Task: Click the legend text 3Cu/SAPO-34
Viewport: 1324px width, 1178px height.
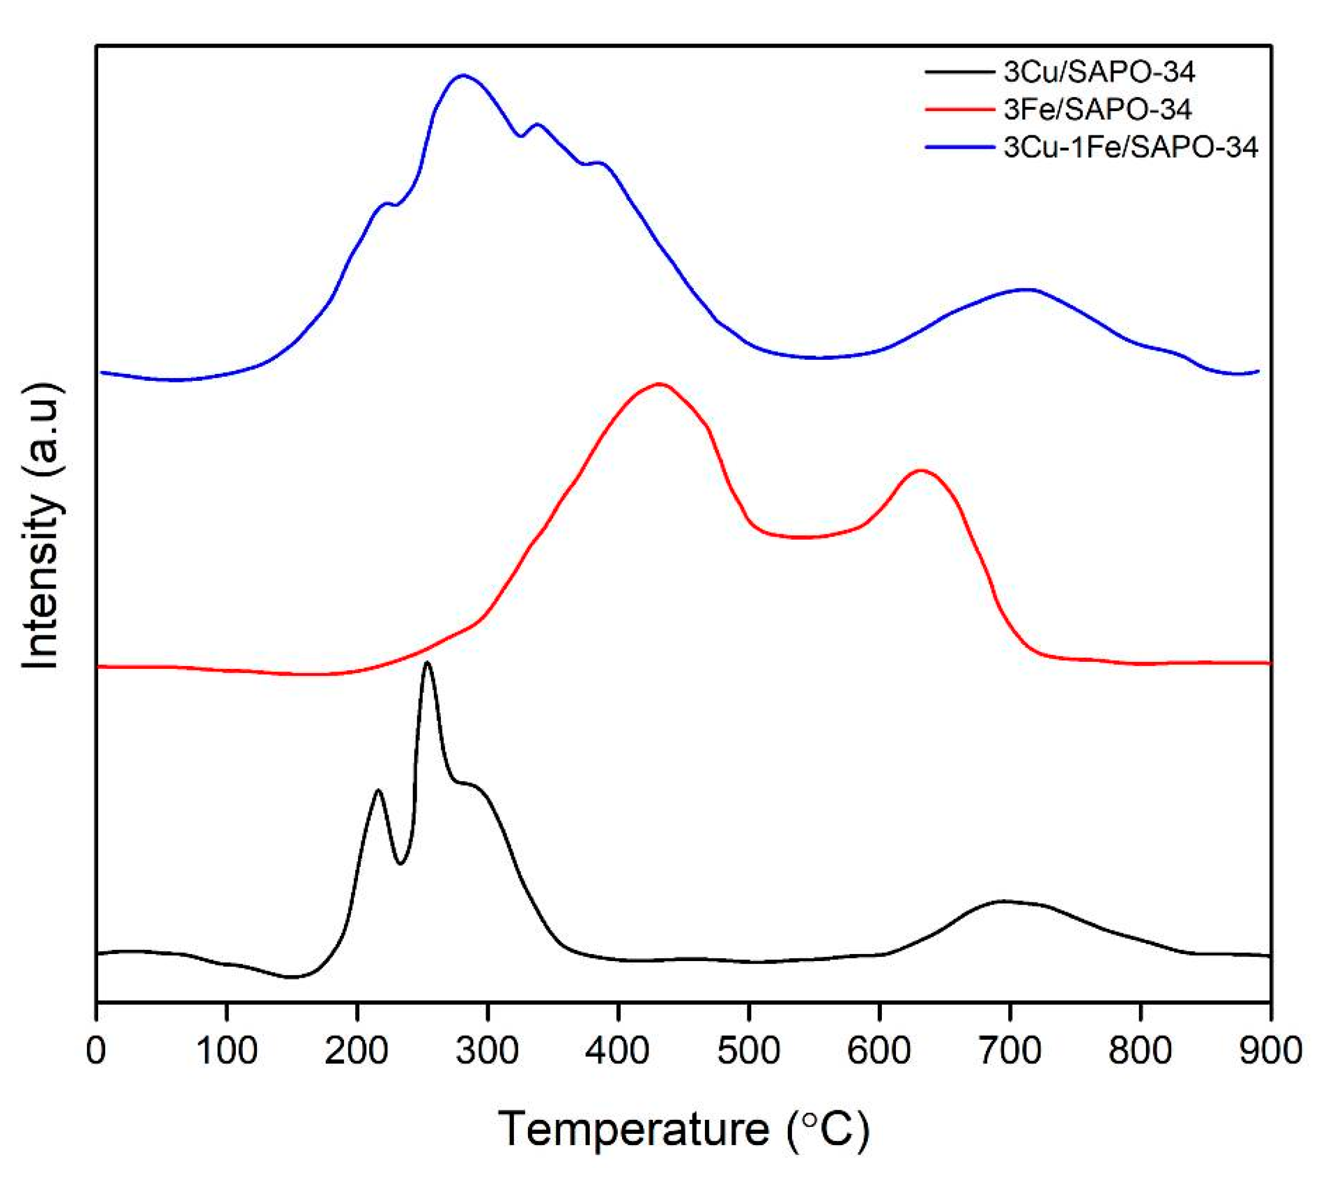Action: pos(1099,72)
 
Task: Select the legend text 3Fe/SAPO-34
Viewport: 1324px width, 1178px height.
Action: pos(1097,109)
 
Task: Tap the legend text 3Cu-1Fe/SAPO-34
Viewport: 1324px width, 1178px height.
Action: pos(1131,148)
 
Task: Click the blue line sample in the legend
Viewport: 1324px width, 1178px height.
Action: pos(960,148)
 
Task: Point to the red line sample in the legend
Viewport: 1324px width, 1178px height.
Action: pos(960,109)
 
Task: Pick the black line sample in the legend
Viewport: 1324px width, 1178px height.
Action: pos(960,72)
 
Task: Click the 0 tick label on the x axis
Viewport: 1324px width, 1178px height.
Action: pos(96,1050)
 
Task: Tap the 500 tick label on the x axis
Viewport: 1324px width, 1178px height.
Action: pos(748,1050)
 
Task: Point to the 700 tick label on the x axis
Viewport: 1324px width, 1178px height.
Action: pos(1009,1050)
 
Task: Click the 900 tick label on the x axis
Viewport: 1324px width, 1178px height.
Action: pos(1269,1050)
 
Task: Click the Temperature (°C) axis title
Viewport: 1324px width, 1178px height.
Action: pos(683,1128)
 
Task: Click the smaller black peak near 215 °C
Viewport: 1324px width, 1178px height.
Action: pos(378,790)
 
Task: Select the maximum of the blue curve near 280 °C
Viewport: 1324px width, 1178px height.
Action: pos(463,75)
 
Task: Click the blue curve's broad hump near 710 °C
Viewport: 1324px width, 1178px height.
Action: pos(1027,289)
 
